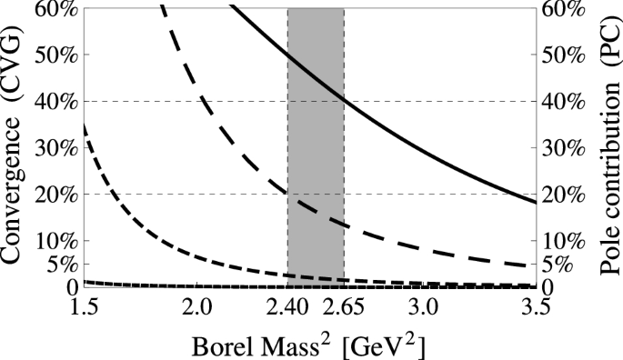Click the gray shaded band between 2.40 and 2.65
(x=316, y=136)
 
